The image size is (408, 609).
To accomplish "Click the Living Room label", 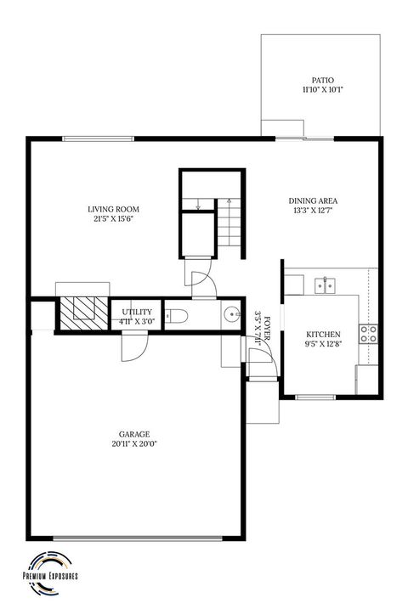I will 113,209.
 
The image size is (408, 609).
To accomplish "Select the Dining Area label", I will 315,201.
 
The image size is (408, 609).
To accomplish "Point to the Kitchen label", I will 323,335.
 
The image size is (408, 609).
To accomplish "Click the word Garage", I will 134,433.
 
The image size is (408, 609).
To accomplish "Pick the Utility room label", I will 136,313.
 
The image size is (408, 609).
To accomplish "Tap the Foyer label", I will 268,327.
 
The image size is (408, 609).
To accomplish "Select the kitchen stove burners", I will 369,334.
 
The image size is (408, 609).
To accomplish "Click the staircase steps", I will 228,222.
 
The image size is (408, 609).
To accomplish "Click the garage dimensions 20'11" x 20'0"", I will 134,443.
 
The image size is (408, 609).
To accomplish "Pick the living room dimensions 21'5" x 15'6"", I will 113,219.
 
